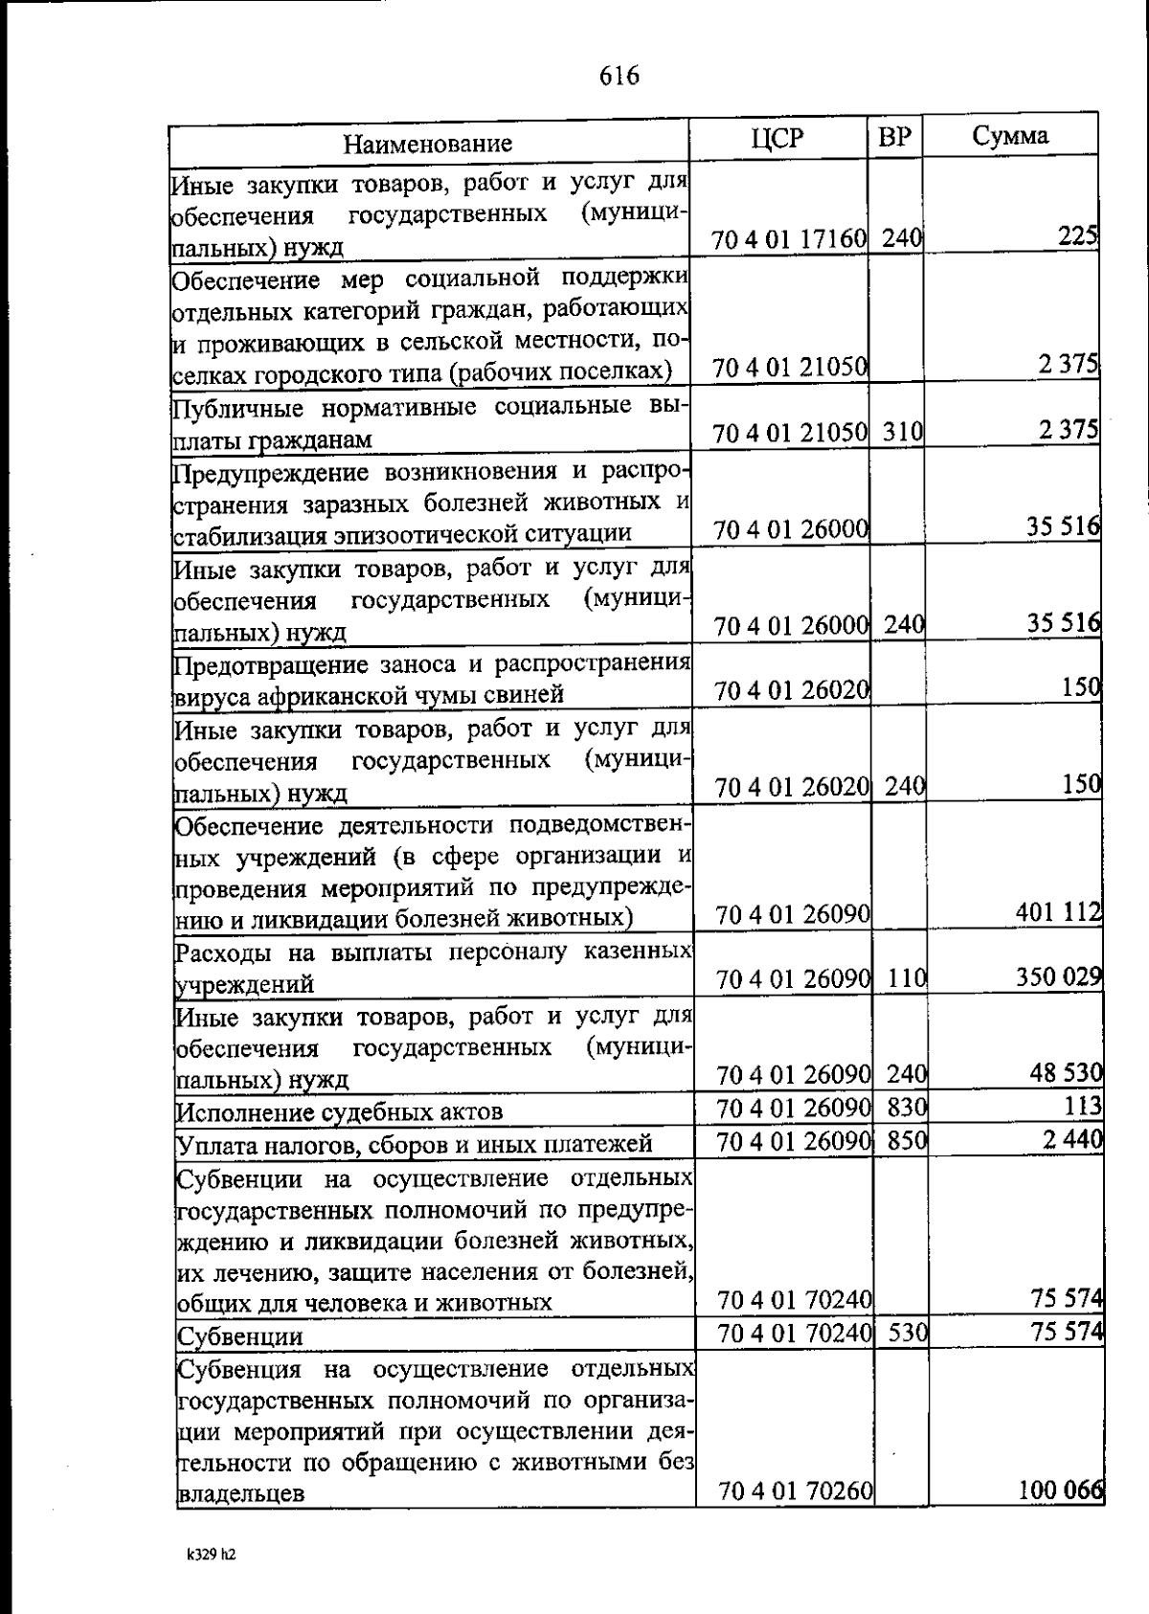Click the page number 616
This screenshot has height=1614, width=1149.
click(620, 76)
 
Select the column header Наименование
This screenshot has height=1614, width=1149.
click(428, 145)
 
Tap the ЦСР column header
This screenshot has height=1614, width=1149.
click(777, 139)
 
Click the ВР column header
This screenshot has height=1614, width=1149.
click(894, 138)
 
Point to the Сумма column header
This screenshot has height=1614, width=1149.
click(1010, 136)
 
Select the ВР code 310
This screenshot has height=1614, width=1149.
click(901, 432)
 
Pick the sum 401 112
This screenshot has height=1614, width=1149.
click(1058, 913)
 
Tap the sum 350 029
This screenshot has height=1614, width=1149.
click(1058, 977)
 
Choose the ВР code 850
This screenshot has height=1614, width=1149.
click(906, 1140)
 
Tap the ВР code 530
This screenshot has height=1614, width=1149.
click(907, 1333)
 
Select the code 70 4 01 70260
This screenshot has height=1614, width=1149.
click(795, 1518)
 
